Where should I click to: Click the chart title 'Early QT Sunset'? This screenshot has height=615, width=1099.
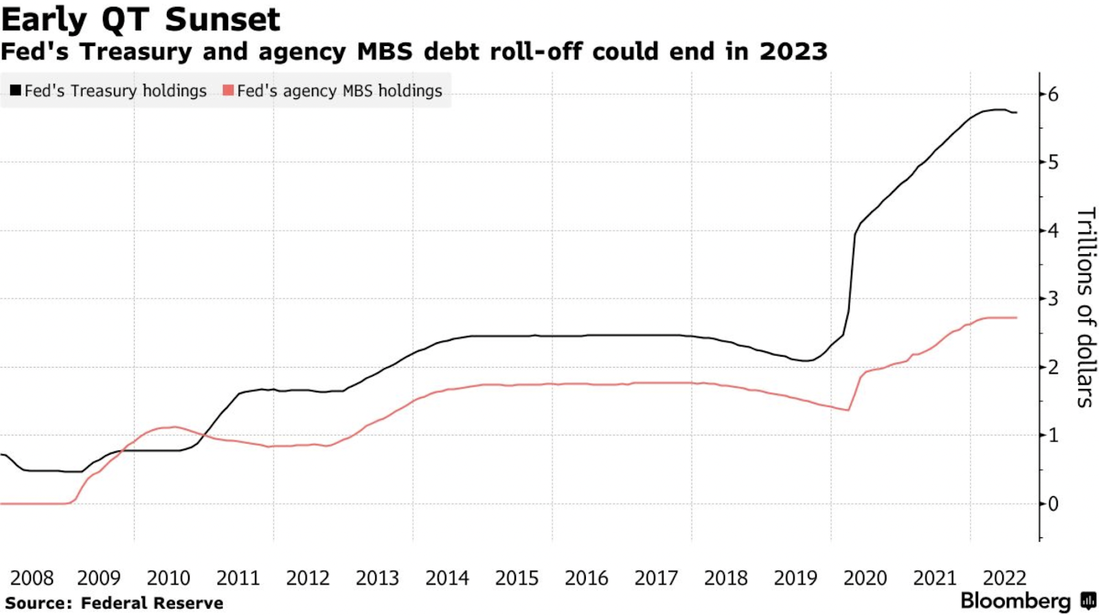[x=141, y=19]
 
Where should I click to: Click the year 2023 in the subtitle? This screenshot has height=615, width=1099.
[x=793, y=52]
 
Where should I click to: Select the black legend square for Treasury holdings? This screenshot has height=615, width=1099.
[x=15, y=91]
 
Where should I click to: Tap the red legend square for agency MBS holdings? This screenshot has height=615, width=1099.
[x=228, y=91]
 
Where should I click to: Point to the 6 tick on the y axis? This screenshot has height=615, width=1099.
[x=1053, y=95]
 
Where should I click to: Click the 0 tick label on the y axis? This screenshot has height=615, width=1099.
[x=1053, y=504]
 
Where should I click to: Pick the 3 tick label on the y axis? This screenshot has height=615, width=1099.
[x=1053, y=299]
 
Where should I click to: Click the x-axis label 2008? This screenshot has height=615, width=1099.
[x=32, y=578]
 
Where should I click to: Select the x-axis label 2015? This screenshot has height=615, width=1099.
[x=517, y=578]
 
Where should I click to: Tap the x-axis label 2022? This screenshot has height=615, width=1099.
[x=1004, y=578]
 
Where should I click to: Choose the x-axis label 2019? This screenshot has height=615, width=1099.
[x=795, y=578]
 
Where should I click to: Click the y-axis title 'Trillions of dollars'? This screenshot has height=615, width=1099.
[x=1085, y=307]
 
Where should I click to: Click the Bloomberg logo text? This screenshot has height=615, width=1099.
[x=1015, y=601]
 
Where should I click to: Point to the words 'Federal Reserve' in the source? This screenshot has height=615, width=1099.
[x=152, y=603]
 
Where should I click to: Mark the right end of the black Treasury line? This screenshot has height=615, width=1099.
[x=1017, y=112]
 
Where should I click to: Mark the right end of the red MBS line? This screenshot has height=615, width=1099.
[x=1017, y=317]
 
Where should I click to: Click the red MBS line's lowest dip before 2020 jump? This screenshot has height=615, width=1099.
[x=848, y=410]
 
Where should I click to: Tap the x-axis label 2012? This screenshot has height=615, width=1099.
[x=308, y=578]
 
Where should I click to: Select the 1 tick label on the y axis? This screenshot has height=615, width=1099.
[x=1053, y=436]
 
